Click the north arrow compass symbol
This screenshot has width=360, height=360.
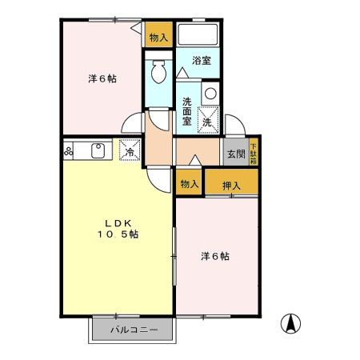pyautogui.click(x=292, y=324)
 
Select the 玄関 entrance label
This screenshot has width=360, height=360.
pyautogui.click(x=234, y=154)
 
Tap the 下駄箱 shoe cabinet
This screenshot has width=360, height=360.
pyautogui.click(x=253, y=152)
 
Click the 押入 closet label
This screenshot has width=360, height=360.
pyautogui.click(x=231, y=184)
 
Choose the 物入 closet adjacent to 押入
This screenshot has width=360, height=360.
pyautogui.click(x=189, y=183)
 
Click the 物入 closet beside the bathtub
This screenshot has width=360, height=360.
pyautogui.click(x=158, y=37)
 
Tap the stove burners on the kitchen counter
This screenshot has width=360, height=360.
pyautogui.click(x=70, y=150)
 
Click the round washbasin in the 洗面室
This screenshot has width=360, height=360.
pyautogui.click(x=210, y=93)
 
